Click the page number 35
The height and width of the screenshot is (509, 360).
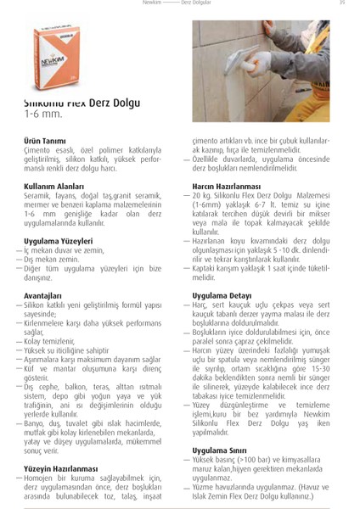pos(341,4)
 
